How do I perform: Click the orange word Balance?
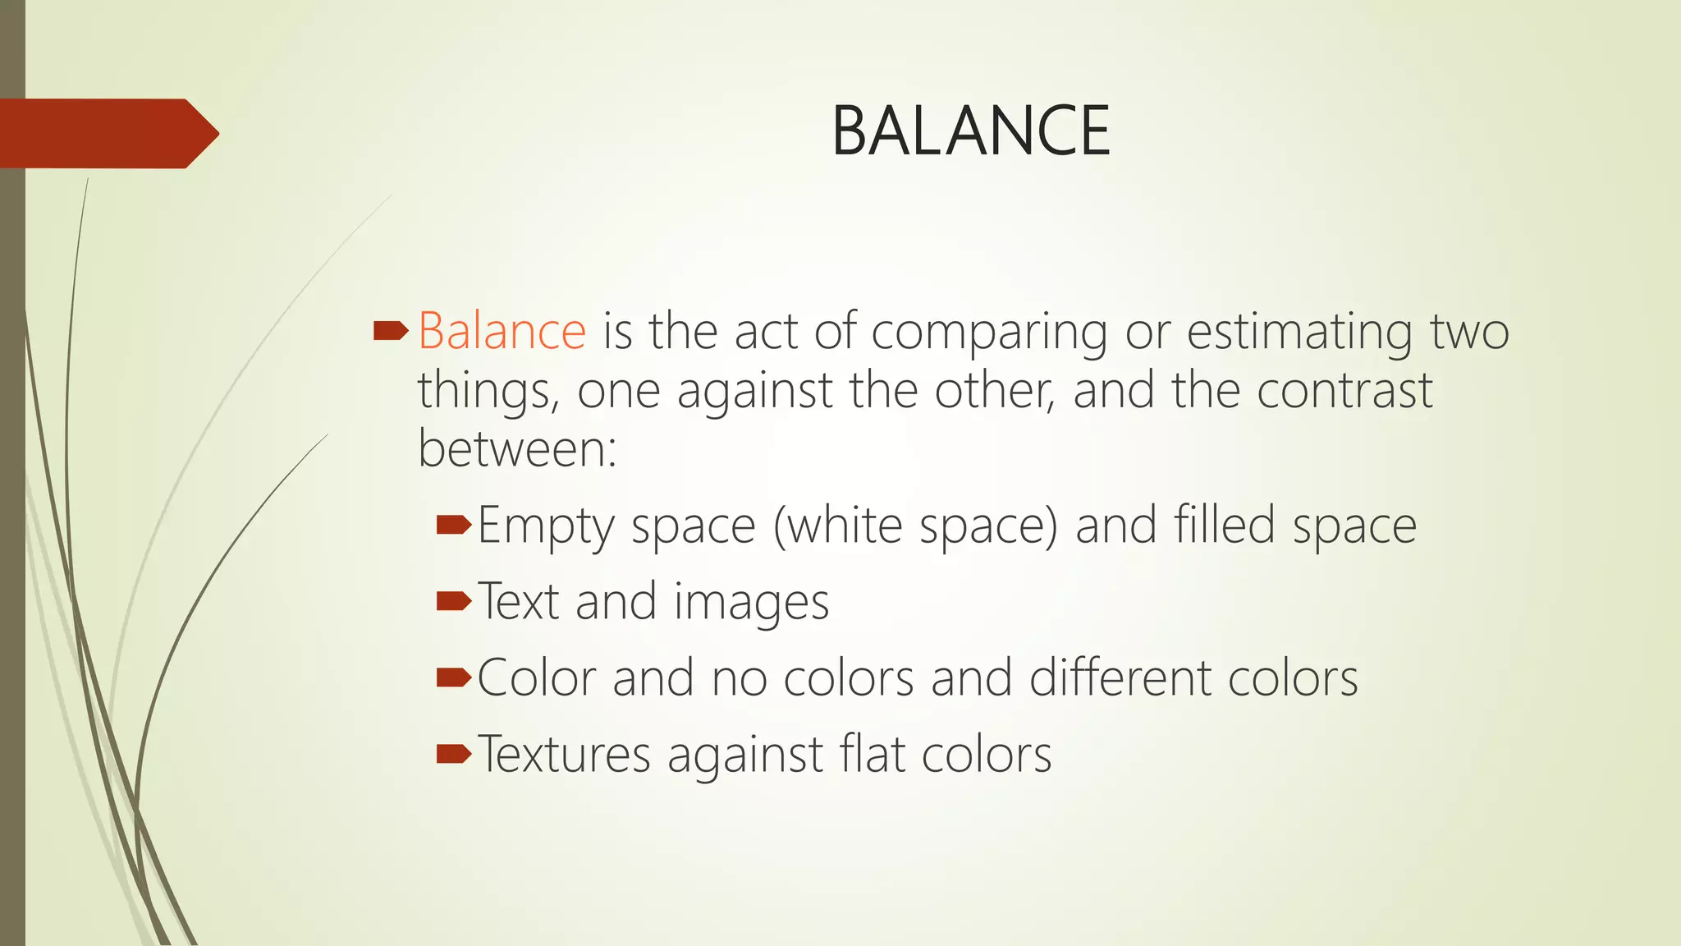pos(502,332)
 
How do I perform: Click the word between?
pos(517,449)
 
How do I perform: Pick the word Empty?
pos(546,526)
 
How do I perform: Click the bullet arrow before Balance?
pos(391,331)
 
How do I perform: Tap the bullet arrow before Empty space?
pos(454,525)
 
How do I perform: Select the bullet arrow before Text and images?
pos(454,602)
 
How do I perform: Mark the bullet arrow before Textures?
pos(454,753)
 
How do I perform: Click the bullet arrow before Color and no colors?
pos(454,677)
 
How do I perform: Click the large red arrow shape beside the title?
pos(109,133)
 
